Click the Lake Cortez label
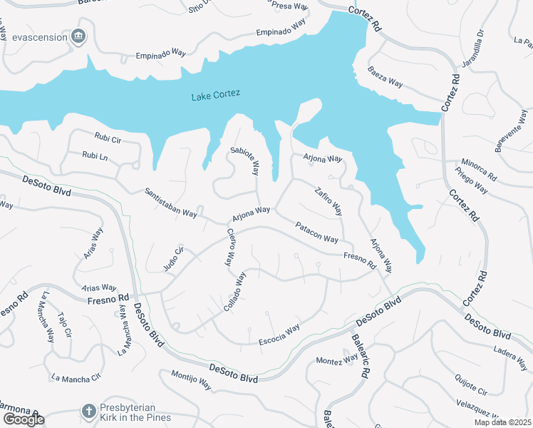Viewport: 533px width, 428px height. (x=216, y=94)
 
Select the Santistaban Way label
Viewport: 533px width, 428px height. (x=170, y=203)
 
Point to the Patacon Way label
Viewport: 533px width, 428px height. (x=317, y=233)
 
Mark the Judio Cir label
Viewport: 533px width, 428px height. (x=174, y=255)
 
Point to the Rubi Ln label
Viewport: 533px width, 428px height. (x=94, y=155)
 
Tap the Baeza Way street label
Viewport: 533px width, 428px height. (x=385, y=77)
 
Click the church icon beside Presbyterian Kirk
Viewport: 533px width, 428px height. (x=88, y=411)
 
